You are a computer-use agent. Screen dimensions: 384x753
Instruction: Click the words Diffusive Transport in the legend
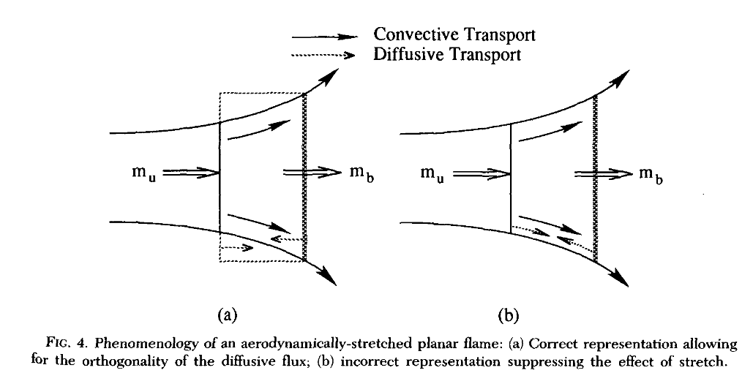pyautogui.click(x=447, y=54)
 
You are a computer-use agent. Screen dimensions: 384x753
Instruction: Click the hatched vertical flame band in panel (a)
pyautogui.click(x=304, y=176)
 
